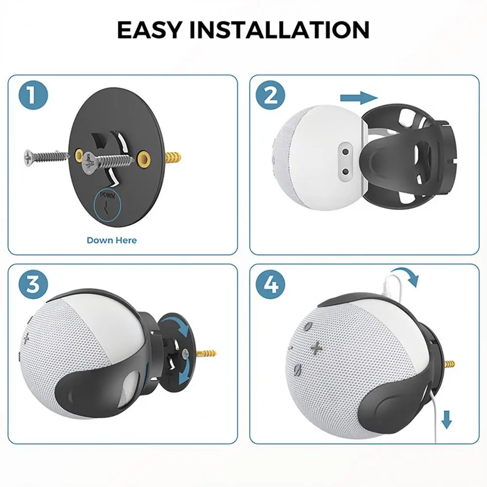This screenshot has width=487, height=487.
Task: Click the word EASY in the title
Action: coord(149,30)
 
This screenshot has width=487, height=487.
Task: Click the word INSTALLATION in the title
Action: coord(279,30)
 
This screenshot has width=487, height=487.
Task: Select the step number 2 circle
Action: coord(271,95)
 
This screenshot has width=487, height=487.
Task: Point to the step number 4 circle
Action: coord(271,285)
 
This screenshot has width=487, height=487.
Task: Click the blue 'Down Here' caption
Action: coord(111,240)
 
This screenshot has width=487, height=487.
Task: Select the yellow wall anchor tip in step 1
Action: coord(175,157)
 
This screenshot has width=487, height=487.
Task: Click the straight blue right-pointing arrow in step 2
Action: coord(359,98)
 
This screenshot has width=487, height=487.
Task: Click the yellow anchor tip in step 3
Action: coord(208,352)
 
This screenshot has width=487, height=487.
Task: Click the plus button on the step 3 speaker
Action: coord(25,338)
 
